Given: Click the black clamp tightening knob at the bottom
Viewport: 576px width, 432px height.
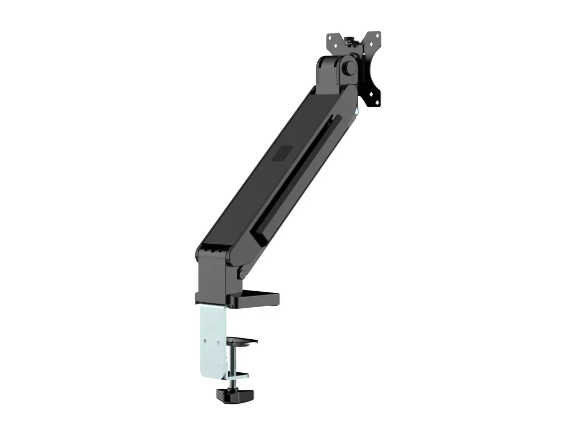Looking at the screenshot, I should coord(229,395).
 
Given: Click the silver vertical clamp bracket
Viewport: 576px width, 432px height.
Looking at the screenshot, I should coord(213,336).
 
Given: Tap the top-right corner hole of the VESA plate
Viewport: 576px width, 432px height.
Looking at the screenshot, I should coord(377,36).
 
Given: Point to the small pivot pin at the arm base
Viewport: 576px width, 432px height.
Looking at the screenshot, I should coord(242,274).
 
